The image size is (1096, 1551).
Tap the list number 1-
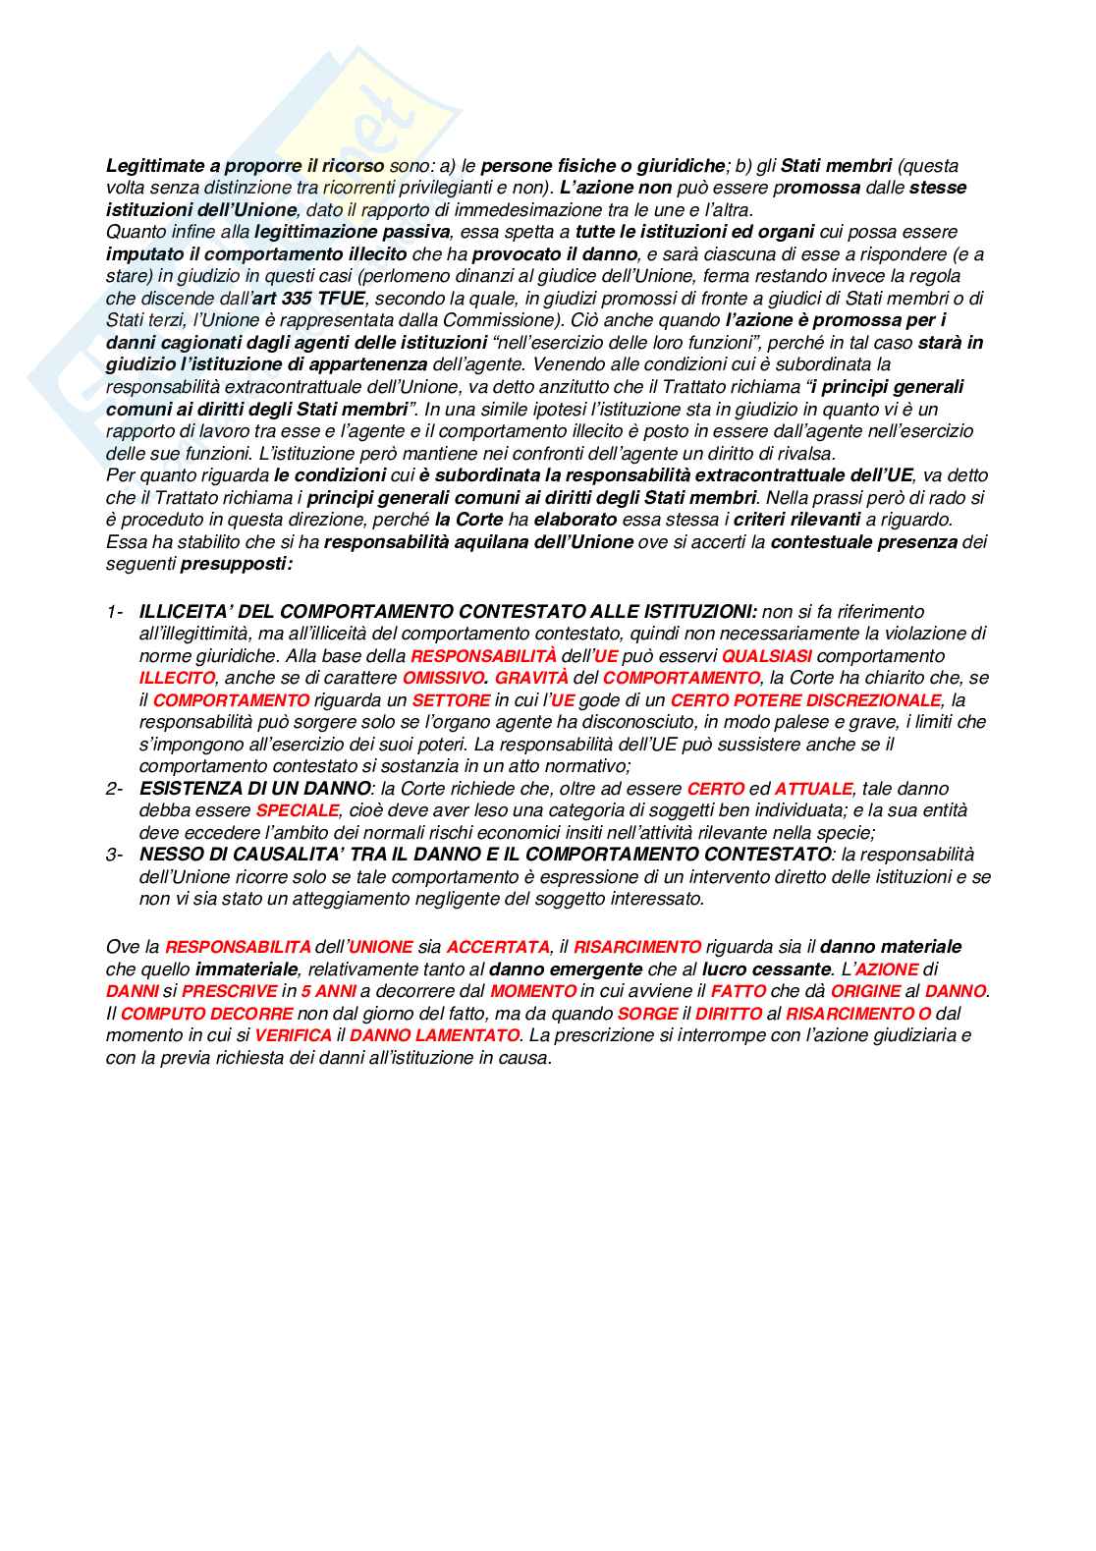point(115,612)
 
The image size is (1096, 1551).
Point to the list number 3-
point(115,855)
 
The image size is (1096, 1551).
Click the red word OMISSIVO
point(445,679)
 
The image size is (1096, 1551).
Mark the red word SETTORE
point(451,700)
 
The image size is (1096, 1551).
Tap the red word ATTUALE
point(814,789)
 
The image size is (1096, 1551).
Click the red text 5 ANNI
point(329,992)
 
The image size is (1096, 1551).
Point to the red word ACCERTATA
point(498,948)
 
